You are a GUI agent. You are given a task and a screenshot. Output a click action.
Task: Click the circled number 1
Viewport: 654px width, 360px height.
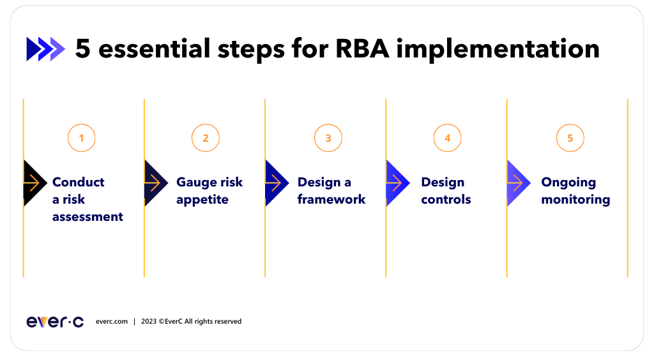click(81, 138)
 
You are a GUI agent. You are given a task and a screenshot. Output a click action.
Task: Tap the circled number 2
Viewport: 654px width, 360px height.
click(205, 138)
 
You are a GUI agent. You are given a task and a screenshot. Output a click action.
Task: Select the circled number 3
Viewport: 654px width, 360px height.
click(328, 138)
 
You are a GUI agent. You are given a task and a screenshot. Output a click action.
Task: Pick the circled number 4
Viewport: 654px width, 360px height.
click(447, 138)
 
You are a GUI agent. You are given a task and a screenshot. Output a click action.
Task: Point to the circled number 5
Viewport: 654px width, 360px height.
click(570, 138)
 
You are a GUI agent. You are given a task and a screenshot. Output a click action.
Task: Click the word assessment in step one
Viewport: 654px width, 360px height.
click(87, 217)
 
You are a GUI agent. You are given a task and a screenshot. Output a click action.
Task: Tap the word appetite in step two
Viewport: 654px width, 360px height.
click(202, 200)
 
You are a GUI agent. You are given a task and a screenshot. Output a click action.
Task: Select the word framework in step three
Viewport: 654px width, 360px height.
click(331, 200)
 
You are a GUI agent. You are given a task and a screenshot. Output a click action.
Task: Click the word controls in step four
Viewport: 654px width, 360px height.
click(446, 200)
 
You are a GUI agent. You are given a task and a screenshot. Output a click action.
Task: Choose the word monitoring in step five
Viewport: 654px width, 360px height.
click(575, 200)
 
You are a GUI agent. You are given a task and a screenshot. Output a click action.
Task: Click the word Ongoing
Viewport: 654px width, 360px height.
click(568, 183)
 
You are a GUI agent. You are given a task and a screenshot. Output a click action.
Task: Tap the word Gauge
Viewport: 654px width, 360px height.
click(194, 183)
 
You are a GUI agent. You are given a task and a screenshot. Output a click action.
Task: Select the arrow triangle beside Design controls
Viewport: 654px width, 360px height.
click(396, 183)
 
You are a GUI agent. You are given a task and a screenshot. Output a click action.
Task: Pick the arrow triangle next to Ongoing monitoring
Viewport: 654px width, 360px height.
click(517, 183)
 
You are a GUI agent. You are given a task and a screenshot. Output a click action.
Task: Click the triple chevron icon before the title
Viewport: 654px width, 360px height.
click(45, 49)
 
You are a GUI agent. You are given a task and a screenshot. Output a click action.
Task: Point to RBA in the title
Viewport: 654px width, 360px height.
click(362, 49)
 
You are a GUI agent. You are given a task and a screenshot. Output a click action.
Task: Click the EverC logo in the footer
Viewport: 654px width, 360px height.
click(55, 322)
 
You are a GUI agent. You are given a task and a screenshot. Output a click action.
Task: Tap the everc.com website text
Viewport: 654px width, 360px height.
click(112, 322)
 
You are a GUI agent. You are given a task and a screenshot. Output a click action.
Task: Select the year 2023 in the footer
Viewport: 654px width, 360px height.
click(149, 322)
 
